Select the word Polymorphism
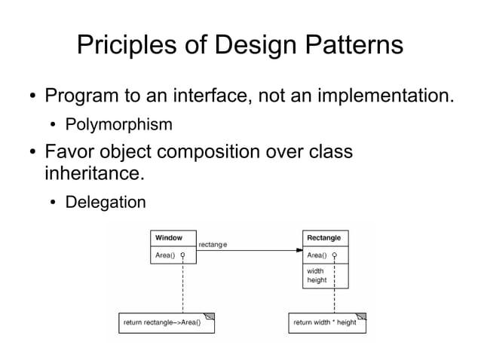pos(119,124)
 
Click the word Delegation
pos(106,202)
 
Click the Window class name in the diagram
pos(169,238)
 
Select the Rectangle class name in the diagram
pos(323,238)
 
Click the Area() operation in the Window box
pos(165,255)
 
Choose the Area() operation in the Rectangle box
pos(317,255)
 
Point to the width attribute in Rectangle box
pos(315,270)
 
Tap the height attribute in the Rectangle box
pos(317,280)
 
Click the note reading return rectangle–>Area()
pos(167,322)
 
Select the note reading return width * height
pos(325,322)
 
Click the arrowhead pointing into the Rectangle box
pos(298,250)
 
